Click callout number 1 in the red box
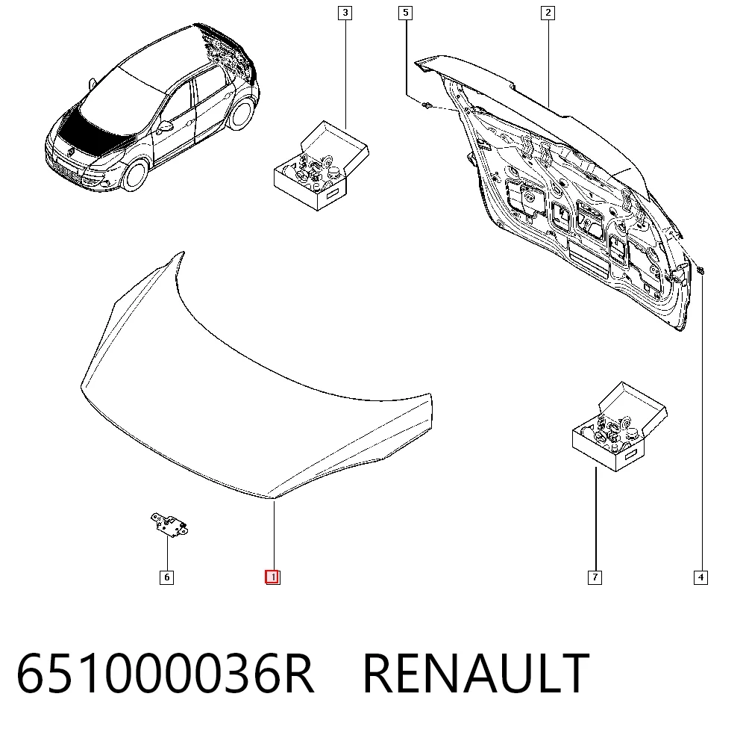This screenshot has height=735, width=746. (x=272, y=577)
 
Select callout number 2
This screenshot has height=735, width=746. (x=548, y=13)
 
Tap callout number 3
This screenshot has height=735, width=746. (x=345, y=13)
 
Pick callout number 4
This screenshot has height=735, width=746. (x=700, y=577)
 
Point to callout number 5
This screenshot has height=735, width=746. (x=405, y=13)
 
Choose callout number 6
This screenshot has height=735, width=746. (x=166, y=577)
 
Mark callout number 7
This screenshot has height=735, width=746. (x=595, y=577)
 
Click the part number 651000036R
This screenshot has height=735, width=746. (x=165, y=674)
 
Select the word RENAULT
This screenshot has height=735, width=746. (x=476, y=674)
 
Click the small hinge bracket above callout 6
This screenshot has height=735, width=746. (x=169, y=524)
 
